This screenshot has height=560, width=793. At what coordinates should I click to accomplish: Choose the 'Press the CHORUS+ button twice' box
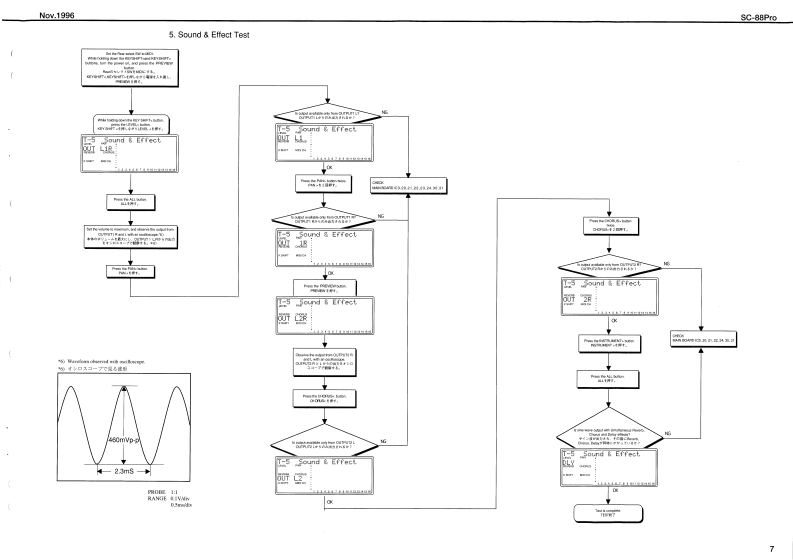tap(609, 224)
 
